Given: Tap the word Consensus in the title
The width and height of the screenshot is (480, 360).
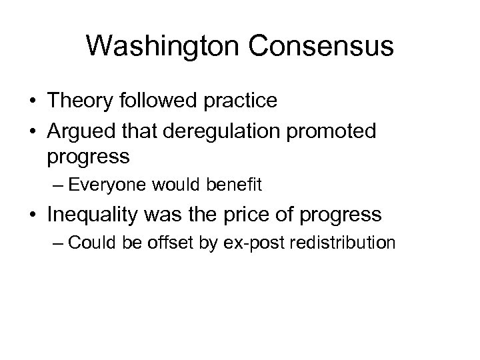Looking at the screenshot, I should click(x=319, y=47).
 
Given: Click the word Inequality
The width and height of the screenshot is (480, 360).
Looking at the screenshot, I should click(x=97, y=215).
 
